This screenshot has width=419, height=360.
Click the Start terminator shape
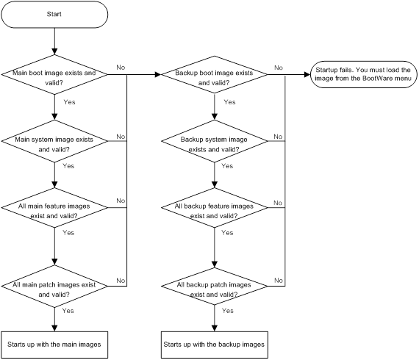(x=54, y=15)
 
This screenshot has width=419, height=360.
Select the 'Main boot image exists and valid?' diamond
(x=54, y=74)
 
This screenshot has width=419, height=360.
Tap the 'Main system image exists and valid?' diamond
(x=54, y=141)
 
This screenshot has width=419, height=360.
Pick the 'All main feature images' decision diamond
(x=54, y=207)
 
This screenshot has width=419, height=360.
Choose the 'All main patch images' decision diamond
(x=54, y=286)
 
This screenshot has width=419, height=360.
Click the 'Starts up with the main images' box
(x=54, y=345)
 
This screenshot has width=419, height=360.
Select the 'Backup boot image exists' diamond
(x=215, y=74)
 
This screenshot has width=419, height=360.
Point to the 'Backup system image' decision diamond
(x=215, y=141)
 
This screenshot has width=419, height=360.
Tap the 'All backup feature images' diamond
(x=215, y=207)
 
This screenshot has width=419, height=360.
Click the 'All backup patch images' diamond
(x=215, y=286)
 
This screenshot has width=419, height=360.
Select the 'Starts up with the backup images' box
(x=215, y=345)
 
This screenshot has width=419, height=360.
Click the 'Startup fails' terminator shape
(x=363, y=74)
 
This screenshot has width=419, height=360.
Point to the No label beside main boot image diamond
(x=121, y=68)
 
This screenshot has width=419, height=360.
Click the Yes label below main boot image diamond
(x=70, y=102)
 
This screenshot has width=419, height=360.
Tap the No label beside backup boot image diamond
(x=279, y=68)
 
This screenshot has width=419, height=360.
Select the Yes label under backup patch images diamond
(x=228, y=311)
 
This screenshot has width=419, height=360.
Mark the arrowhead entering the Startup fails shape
(x=307, y=74)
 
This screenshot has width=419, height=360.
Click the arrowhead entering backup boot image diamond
(x=158, y=74)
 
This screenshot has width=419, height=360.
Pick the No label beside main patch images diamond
(x=121, y=281)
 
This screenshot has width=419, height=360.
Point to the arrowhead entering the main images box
(x=54, y=328)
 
